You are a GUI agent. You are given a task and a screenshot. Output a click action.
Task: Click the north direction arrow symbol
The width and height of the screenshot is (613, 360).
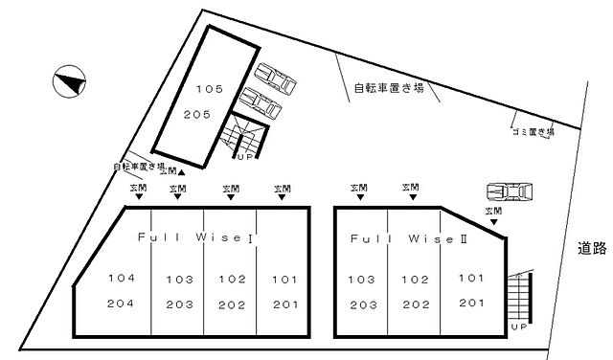[68, 80]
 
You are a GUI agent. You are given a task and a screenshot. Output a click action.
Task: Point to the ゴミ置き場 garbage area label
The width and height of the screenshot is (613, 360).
[533, 132]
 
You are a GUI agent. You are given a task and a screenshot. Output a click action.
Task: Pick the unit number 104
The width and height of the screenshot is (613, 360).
[121, 279]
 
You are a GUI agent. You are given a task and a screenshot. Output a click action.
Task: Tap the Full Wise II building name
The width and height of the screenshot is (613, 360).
[408, 236]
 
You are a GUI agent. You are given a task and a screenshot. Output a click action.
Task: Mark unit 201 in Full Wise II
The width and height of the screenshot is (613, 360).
[471, 303]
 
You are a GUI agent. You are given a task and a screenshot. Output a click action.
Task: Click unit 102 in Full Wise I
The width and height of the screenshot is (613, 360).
[233, 281]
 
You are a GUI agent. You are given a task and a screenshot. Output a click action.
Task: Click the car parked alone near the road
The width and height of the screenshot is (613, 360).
[510, 192]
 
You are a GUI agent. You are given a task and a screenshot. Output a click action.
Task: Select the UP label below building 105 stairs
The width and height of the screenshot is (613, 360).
[244, 157]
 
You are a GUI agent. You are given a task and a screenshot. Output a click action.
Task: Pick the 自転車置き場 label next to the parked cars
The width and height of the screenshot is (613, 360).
[389, 89]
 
